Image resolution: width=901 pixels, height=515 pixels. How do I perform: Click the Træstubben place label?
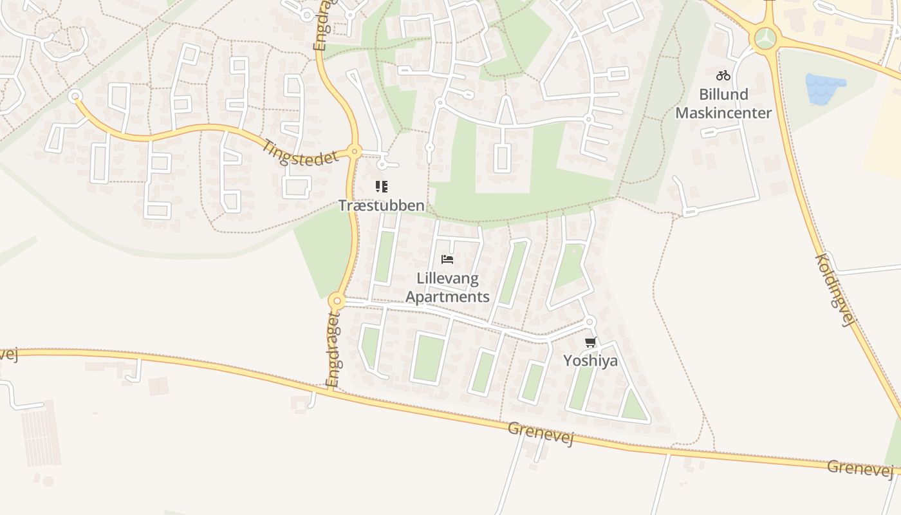pyautogui.click(x=382, y=205)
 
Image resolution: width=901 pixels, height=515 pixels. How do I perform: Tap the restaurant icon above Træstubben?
pyautogui.click(x=382, y=187)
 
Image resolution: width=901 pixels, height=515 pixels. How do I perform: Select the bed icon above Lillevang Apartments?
pyautogui.click(x=447, y=259)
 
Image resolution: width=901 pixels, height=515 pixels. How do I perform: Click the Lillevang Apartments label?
pyautogui.click(x=448, y=288)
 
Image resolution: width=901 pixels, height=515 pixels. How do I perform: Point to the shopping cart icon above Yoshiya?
pyautogui.click(x=591, y=342)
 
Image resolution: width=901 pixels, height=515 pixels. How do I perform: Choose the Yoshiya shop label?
pyautogui.click(x=591, y=360)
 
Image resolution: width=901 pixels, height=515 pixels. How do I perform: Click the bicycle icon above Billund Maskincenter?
pyautogui.click(x=723, y=75)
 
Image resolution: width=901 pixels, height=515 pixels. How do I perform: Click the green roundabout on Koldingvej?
pyautogui.click(x=765, y=38)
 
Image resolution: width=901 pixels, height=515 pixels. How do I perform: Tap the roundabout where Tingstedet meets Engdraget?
pyautogui.click(x=354, y=152)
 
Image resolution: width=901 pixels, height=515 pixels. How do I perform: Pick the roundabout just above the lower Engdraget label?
pyautogui.click(x=336, y=301)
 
